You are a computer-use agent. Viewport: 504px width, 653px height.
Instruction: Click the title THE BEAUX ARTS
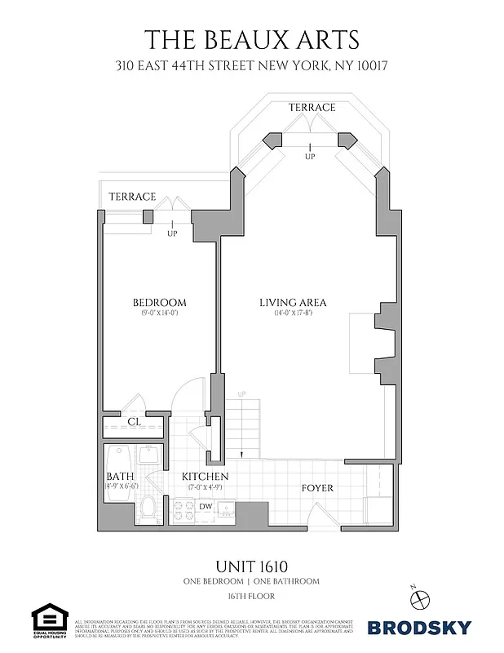[251, 39]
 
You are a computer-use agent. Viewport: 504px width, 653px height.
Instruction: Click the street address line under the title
[251, 65]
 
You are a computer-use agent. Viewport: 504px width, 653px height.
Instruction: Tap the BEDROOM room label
[160, 303]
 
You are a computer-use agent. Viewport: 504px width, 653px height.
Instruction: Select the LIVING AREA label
[293, 303]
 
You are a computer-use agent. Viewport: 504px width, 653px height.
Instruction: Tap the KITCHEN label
[205, 477]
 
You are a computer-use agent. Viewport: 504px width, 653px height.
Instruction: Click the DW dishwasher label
[206, 506]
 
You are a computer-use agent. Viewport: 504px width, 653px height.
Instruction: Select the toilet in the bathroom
[148, 509]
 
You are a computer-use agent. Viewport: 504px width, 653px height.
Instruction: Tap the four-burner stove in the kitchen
[181, 509]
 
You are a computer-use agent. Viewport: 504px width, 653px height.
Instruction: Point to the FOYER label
[317, 488]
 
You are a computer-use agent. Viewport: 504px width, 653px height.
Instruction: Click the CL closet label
[135, 422]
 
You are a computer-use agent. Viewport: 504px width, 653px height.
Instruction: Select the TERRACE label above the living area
[312, 108]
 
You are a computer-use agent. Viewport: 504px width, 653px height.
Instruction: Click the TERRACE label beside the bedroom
[132, 197]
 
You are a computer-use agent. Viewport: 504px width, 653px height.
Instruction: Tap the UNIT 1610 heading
[251, 566]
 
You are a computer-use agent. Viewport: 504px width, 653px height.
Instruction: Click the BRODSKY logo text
[419, 627]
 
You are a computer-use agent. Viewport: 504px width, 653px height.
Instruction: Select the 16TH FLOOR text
[251, 597]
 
